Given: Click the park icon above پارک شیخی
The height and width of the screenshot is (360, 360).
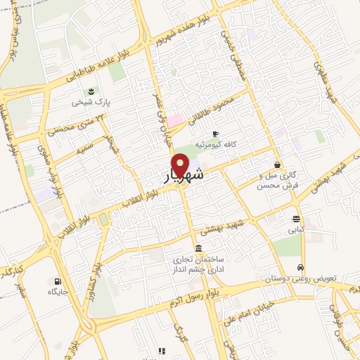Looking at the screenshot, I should pyautogui.click(x=91, y=92).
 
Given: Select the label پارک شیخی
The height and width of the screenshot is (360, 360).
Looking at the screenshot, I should pyautogui.click(x=91, y=103).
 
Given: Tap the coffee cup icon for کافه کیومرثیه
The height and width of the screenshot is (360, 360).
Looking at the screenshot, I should pyautogui.click(x=215, y=134).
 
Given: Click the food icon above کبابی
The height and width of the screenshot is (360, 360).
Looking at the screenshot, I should pyautogui.click(x=296, y=219).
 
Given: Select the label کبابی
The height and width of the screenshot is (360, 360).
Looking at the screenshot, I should pyautogui.click(x=295, y=229).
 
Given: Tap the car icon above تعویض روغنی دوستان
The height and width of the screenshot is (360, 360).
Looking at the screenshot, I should pyautogui.click(x=300, y=268).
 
